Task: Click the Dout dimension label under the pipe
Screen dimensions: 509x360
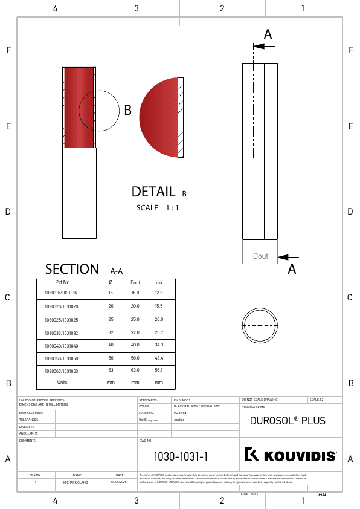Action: [x=260, y=256]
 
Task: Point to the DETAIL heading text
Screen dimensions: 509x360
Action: [x=153, y=192]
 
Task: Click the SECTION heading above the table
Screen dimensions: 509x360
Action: [x=72, y=269]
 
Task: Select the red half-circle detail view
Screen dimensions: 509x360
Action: [x=160, y=117]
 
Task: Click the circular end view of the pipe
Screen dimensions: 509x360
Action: [x=260, y=325]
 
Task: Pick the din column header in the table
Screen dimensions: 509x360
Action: [x=159, y=282]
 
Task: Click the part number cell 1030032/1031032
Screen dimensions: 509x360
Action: [x=61, y=332]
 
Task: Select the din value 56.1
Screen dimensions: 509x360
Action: [x=159, y=370]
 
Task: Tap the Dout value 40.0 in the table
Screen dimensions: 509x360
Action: [x=135, y=345]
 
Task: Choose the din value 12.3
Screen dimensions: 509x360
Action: [x=159, y=293]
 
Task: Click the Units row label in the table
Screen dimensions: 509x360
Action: [x=62, y=382]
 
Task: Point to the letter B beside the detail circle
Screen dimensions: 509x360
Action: [x=127, y=111]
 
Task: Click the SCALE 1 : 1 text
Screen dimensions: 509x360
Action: [x=158, y=207]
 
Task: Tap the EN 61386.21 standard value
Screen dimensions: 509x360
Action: [x=182, y=400]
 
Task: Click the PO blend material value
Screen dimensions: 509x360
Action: [x=179, y=413]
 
